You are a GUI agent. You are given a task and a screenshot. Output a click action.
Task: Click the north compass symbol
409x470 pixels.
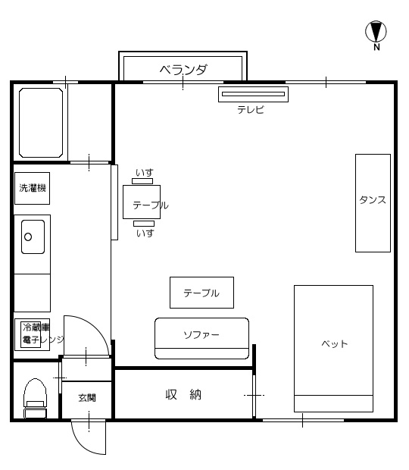pyautogui.click(x=376, y=31)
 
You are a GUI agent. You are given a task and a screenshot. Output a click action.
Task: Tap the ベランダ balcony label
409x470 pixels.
pyautogui.click(x=183, y=70)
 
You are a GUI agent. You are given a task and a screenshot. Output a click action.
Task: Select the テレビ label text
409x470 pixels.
pyautogui.click(x=251, y=109)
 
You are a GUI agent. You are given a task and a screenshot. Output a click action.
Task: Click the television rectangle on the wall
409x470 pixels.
pyautogui.click(x=253, y=95)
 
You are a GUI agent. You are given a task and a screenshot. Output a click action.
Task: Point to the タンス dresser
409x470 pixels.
pyautogui.click(x=373, y=202)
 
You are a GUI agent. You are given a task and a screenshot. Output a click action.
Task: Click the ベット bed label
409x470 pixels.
pyautogui.click(x=334, y=343)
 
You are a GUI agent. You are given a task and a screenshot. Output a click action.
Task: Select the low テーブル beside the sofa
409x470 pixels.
pyautogui.click(x=201, y=293)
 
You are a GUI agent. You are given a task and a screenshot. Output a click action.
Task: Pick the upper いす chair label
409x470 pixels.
pyautogui.click(x=144, y=174)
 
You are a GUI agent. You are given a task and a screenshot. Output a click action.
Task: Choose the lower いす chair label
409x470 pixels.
pyautogui.click(x=144, y=233)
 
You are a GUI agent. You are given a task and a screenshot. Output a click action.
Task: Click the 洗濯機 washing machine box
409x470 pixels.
pyautogui.click(x=33, y=188)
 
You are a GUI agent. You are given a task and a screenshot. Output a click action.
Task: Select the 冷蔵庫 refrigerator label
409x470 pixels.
pyautogui.click(x=36, y=327)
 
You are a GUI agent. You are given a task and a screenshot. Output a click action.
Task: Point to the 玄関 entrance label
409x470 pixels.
pyautogui.click(x=86, y=397)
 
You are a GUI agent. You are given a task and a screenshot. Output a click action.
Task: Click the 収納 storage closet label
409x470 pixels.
pyautogui.click(x=183, y=394)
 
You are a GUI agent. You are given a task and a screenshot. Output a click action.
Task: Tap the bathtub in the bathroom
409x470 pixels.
pyautogui.click(x=40, y=124)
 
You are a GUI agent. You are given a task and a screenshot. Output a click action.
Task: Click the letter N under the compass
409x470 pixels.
pyautogui.click(x=376, y=48)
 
